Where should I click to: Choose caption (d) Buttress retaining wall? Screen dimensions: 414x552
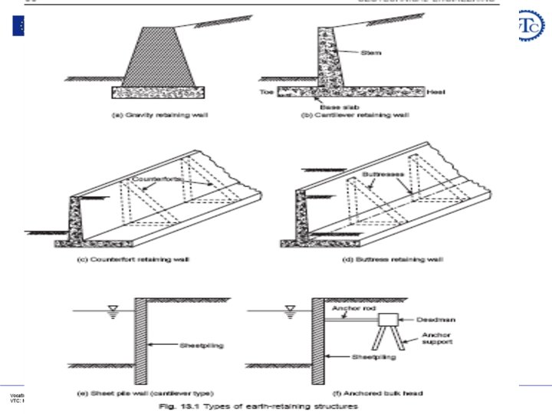pos(392,259)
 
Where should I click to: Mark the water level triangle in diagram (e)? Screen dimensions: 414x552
pos(113,311)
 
